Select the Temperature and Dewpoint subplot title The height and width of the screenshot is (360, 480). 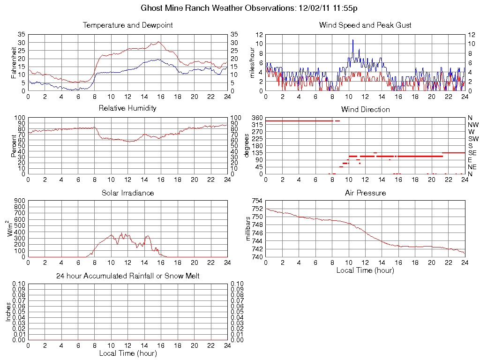pos(127,25)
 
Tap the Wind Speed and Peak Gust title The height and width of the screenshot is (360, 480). pos(365,25)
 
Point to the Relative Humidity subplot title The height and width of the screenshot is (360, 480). pos(127,108)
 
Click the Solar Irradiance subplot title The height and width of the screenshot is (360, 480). pos(127,193)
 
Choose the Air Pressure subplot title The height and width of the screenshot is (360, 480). pos(365,193)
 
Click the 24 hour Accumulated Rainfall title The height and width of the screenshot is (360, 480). pos(127,276)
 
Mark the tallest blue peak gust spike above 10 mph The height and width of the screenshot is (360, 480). pos(353,40)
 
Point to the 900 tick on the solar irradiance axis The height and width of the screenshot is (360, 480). pos(19,201)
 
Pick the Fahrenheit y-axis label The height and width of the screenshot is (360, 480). pos(14,62)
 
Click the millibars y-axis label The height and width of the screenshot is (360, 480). pos(249,229)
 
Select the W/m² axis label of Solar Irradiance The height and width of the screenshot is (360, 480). pos(13,229)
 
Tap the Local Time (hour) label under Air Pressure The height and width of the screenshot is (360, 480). pos(365,270)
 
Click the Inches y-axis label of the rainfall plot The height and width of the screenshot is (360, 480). pos(8,312)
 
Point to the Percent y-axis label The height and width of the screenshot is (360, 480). pos(14,146)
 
